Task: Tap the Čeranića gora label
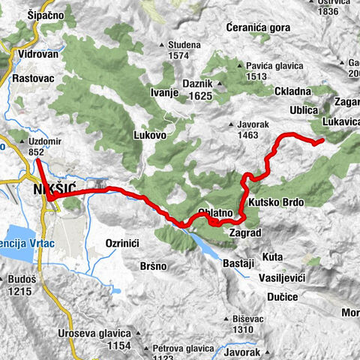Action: [x=257, y=27]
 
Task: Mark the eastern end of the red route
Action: [x=322, y=140]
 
